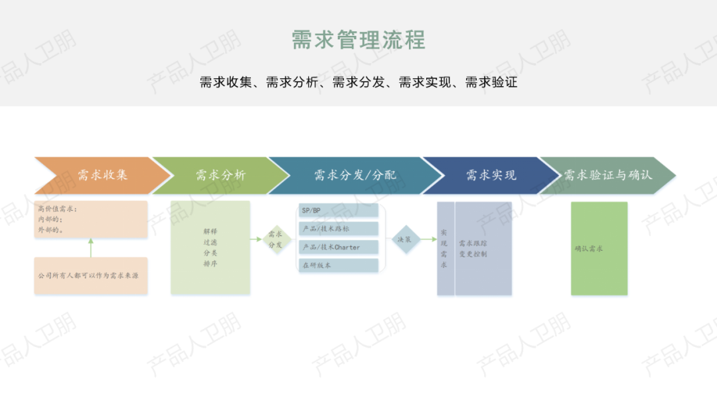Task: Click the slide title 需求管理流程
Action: (x=358, y=40)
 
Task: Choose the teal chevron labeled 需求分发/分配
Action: (x=355, y=176)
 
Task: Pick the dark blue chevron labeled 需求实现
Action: (x=491, y=176)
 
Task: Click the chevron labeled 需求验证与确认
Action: (x=607, y=176)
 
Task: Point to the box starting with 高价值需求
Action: (x=91, y=220)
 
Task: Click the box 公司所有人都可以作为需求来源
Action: (x=91, y=275)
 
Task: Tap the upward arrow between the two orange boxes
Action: (x=91, y=247)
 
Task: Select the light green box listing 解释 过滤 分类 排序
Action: (x=210, y=247)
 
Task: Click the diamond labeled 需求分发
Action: (x=276, y=239)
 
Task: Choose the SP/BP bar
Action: (x=339, y=210)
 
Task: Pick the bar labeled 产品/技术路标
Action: (x=339, y=229)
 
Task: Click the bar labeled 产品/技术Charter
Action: (x=339, y=247)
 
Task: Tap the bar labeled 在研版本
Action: (x=339, y=265)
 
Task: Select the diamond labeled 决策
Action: (x=404, y=239)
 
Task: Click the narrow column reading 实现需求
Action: (x=445, y=249)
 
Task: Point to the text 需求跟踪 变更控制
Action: (x=473, y=249)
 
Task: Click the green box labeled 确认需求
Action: (x=599, y=249)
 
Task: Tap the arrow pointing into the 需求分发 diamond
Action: (x=256, y=239)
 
